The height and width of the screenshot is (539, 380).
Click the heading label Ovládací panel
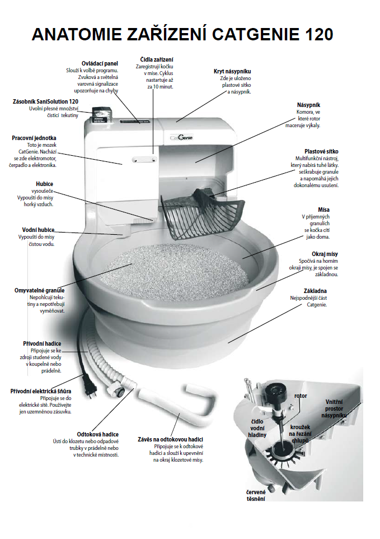click(99, 63)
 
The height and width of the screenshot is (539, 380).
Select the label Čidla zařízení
click(156, 59)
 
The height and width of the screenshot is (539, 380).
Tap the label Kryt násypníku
click(232, 72)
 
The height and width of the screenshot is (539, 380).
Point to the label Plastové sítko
click(321, 151)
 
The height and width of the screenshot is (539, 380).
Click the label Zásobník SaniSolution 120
click(45, 101)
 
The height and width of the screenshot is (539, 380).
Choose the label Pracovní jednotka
click(34, 137)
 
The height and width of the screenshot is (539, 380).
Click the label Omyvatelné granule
click(39, 290)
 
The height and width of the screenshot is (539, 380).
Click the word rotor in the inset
click(300, 396)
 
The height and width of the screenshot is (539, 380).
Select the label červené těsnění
click(256, 495)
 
